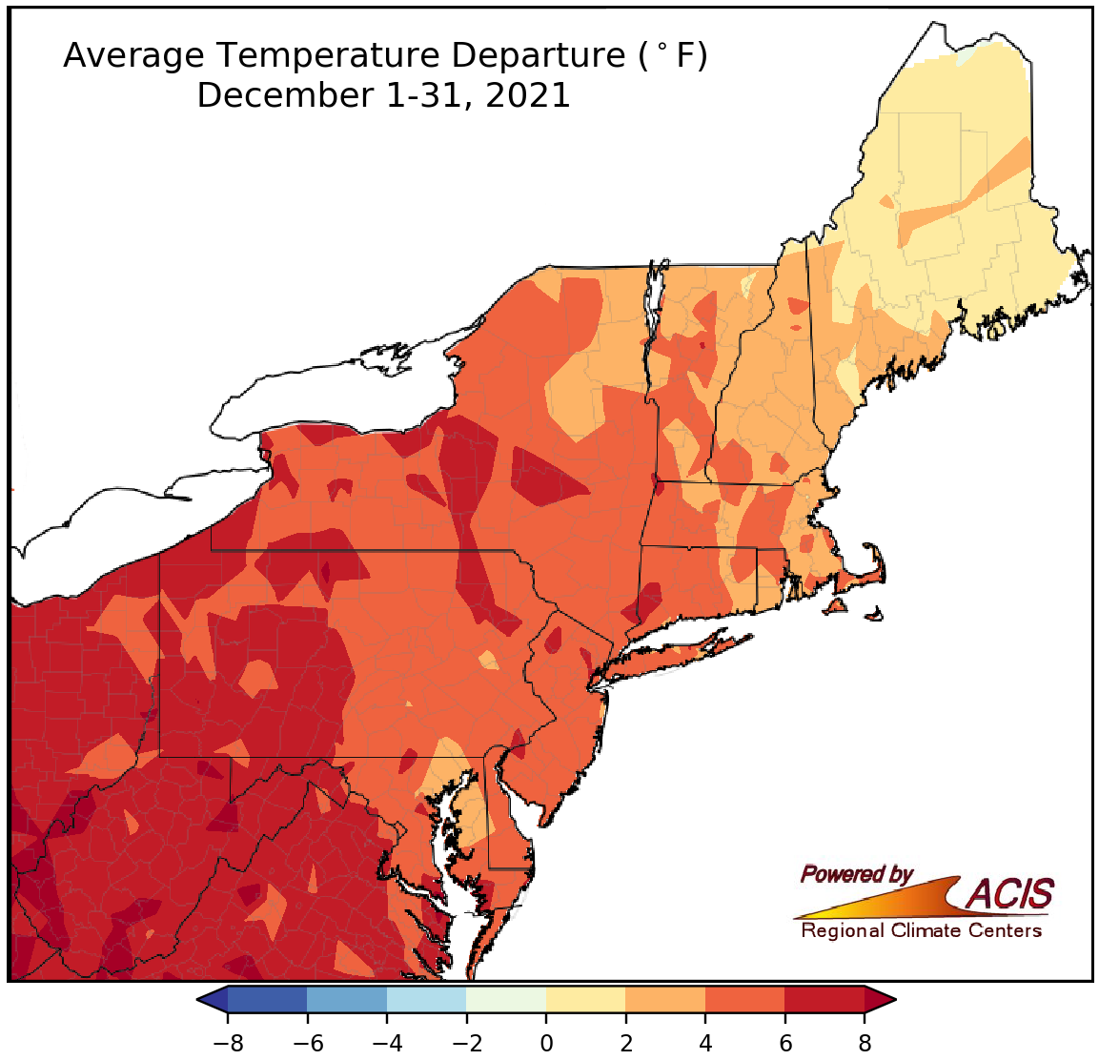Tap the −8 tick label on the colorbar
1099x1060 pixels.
click(228, 1042)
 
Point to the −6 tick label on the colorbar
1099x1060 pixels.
click(307, 1042)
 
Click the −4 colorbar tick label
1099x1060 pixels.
click(387, 1042)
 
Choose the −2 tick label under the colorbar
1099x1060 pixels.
click(466, 1042)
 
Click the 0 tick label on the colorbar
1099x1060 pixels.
click(546, 1042)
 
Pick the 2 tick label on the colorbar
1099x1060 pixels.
click(626, 1042)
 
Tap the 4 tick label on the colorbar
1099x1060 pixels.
click(705, 1042)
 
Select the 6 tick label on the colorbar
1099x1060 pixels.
click(785, 1042)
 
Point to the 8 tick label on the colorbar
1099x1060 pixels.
click(865, 1042)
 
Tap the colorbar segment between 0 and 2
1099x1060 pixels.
click(586, 999)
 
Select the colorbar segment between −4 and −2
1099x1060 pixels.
click(427, 999)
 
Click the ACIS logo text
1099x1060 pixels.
click(1010, 894)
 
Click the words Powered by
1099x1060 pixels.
click(856, 874)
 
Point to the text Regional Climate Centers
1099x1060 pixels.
click(921, 930)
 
